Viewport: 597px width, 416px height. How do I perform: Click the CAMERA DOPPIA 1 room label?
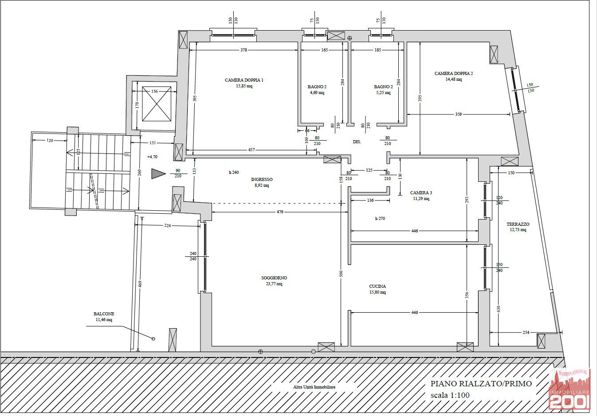(x=244, y=80)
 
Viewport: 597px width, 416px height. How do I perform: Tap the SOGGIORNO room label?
(x=274, y=278)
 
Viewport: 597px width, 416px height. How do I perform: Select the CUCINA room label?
(x=377, y=286)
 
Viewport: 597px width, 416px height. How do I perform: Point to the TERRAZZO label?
(x=518, y=224)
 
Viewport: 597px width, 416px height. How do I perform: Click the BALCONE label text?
(x=104, y=314)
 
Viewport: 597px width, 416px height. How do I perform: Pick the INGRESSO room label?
(x=262, y=179)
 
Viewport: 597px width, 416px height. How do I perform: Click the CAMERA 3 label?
(x=421, y=192)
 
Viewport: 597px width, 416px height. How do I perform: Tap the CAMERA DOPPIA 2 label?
(x=454, y=73)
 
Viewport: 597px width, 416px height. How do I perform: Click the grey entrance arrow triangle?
(x=158, y=173)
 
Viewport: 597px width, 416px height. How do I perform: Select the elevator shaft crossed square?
(x=157, y=104)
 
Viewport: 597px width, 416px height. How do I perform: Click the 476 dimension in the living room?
(x=280, y=212)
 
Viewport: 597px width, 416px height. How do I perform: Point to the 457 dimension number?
(x=251, y=150)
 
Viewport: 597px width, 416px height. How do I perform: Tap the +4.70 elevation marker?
(x=152, y=157)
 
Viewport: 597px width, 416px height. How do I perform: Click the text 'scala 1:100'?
(x=450, y=395)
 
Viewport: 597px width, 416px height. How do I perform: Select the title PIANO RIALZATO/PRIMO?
(x=481, y=384)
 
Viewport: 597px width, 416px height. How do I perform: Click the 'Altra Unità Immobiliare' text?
(x=314, y=387)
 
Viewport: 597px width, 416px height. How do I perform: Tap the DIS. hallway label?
(x=357, y=142)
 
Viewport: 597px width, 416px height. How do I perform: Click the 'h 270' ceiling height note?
(x=380, y=219)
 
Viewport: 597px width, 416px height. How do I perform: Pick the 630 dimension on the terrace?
(x=499, y=309)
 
